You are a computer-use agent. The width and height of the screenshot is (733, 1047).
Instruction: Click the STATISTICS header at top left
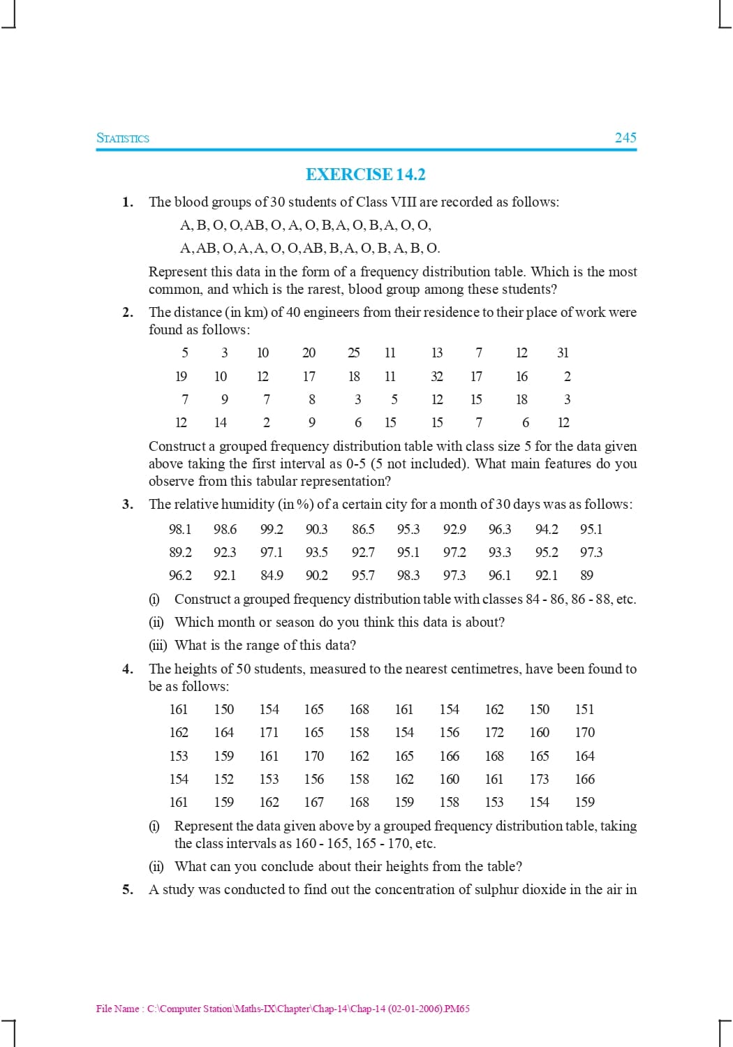coord(123,138)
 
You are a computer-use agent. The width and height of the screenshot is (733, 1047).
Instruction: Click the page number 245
coord(625,138)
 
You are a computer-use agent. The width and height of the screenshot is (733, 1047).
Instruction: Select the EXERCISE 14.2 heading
coord(366,174)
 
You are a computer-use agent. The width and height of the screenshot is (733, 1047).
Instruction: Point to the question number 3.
coord(128,505)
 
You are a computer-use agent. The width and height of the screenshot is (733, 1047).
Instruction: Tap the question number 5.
coord(128,890)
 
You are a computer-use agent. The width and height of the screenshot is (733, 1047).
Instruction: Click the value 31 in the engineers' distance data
coord(563,353)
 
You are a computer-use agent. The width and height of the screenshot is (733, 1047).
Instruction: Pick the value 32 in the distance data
coord(437,377)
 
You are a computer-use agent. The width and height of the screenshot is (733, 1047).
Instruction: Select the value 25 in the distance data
coord(354,353)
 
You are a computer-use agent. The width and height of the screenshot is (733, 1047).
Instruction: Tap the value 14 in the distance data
coord(221,423)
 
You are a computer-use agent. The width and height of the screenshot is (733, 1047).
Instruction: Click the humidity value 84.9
coord(272,576)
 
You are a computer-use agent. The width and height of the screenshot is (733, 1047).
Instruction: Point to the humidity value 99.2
coord(272,530)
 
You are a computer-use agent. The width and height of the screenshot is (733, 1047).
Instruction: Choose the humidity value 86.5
coord(363,530)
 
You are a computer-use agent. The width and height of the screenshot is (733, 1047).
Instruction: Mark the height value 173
coord(539,780)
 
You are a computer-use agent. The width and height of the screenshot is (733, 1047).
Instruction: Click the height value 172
coord(494,733)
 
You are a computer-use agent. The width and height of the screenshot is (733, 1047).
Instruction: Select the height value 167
coord(314,803)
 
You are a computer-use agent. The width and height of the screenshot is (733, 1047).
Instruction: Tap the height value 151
coord(584,710)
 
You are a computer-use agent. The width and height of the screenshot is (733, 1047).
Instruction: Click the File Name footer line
coord(283,1009)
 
